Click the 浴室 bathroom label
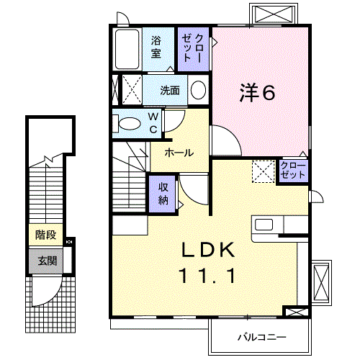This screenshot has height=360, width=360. (156, 48)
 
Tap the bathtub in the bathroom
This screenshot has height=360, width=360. (127, 49)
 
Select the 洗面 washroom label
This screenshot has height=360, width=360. (170, 91)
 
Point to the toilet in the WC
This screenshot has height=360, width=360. (130, 123)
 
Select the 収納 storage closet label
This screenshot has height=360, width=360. (163, 192)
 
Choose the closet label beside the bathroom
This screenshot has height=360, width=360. (193, 48)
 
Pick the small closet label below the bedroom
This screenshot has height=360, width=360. (293, 171)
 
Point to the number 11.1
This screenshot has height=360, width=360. (209, 275)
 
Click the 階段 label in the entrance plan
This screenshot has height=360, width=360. (45, 235)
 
